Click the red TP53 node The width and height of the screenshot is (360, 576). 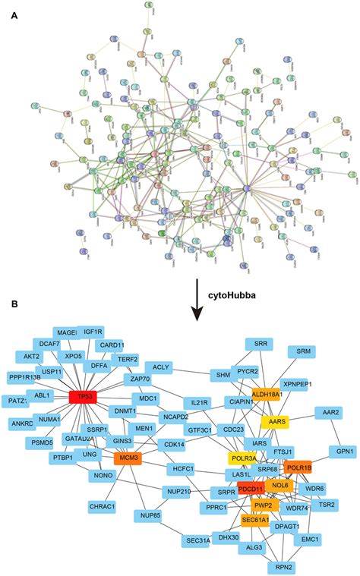pos(85,397)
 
